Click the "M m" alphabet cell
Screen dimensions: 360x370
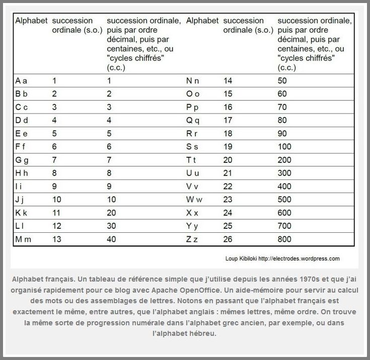click(x=23, y=239)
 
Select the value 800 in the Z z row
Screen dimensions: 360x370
click(x=284, y=239)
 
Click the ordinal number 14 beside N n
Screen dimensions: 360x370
click(x=228, y=80)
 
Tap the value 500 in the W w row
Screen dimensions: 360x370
click(x=284, y=200)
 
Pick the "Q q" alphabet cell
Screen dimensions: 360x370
click(x=193, y=120)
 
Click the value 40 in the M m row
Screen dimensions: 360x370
click(x=112, y=239)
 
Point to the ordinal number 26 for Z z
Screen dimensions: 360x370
click(x=228, y=239)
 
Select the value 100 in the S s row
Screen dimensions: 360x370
click(x=284, y=147)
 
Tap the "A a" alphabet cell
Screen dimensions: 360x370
click(x=21, y=80)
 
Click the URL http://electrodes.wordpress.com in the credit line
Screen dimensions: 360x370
click(x=299, y=259)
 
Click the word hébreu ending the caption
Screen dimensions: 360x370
click(x=203, y=332)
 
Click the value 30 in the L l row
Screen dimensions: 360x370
click(x=112, y=226)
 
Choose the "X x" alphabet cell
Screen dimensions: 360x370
click(x=192, y=213)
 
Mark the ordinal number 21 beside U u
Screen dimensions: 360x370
click(x=228, y=173)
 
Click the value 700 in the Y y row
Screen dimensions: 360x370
click(x=284, y=226)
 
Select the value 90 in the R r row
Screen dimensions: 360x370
click(x=282, y=133)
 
